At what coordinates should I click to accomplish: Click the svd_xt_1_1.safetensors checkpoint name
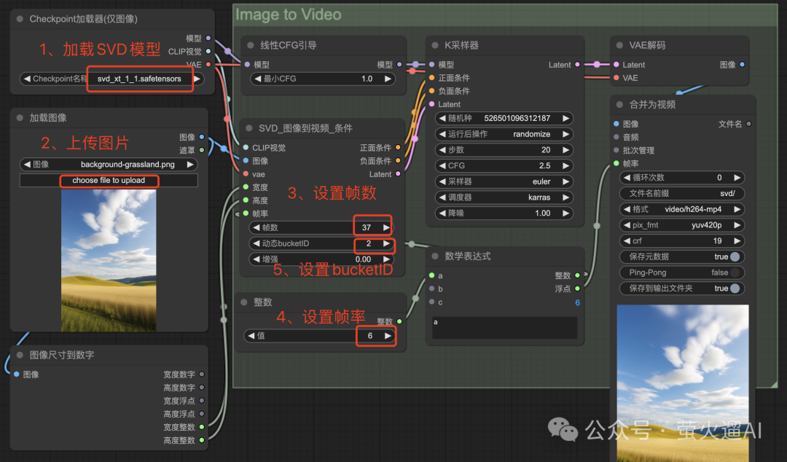coord(139,79)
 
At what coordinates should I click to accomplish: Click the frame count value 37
coord(367,227)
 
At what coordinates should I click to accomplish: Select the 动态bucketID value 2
coord(368,243)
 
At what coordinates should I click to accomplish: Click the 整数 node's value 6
coord(370,336)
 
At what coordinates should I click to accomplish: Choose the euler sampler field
coord(541,181)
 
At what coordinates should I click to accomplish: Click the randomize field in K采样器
coord(530,134)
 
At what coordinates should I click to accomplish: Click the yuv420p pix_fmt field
coord(707,225)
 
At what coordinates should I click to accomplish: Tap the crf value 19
coord(717,240)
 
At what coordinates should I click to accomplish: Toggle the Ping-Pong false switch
coord(735,273)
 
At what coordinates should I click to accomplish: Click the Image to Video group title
coord(288,15)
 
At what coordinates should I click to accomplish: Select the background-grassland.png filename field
coord(128,165)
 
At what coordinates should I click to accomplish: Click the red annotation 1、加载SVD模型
coord(100,50)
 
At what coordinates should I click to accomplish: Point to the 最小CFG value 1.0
coord(367,79)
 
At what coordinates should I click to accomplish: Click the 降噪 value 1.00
coord(542,214)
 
